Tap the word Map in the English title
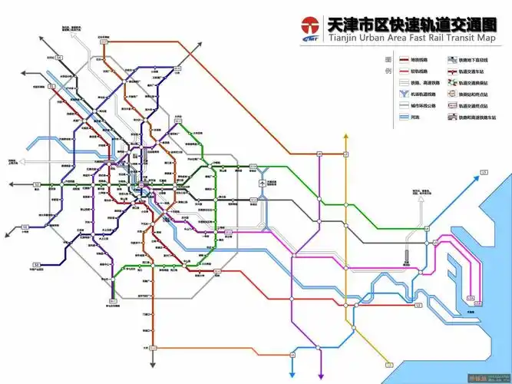coord(484,38)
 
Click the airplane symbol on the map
coord(263,184)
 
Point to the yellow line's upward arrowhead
coord(346,137)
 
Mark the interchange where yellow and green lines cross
coord(346,206)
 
